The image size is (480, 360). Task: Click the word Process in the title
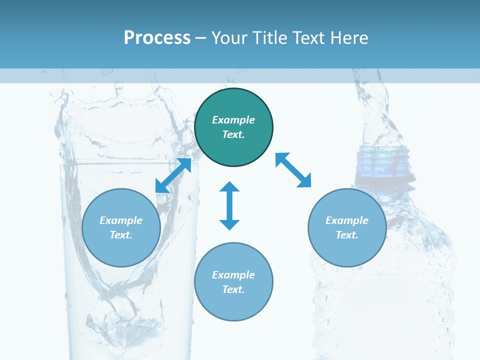[157, 38]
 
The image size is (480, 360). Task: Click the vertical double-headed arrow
[229, 206]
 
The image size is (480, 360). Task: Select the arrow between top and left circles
[173, 175]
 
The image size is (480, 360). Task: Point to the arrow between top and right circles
[293, 170]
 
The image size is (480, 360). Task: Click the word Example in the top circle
[233, 120]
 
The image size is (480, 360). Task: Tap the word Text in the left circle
[120, 235]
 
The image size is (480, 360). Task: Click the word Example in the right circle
[347, 220]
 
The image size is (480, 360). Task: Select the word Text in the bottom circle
[233, 289]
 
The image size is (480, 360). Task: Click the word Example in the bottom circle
[233, 275]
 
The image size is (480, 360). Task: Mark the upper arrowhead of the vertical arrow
[229, 188]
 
